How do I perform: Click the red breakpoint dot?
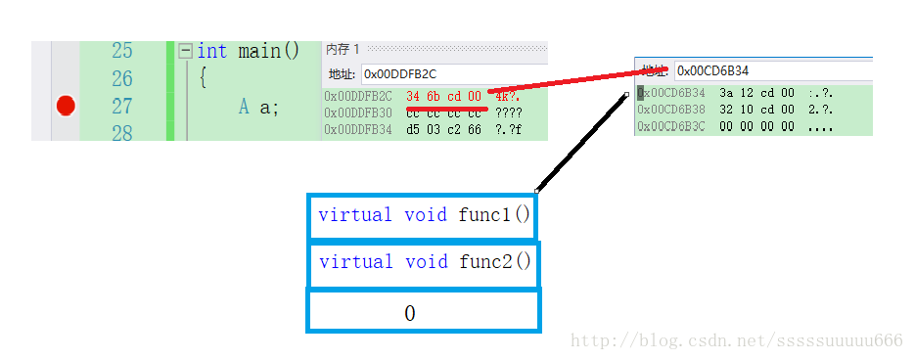coord(66,105)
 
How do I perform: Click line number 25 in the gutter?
coord(122,51)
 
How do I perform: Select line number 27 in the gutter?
coord(122,106)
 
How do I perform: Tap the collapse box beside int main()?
coord(185,51)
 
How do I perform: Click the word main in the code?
coord(258,51)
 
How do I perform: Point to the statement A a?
coord(258,106)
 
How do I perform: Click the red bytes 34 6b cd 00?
coord(443,96)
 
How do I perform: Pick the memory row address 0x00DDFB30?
coord(358,112)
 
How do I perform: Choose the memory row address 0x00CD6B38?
coord(671,110)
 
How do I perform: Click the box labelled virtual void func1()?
coord(424,215)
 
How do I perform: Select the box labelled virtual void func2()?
coord(424,262)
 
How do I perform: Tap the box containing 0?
coord(424,312)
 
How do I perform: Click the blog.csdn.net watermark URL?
coord(736,340)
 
